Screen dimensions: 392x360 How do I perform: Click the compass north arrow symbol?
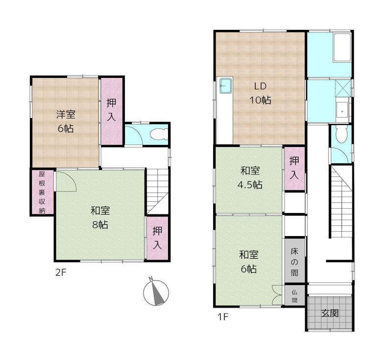coord(156,292)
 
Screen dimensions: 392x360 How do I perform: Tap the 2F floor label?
coord(60,272)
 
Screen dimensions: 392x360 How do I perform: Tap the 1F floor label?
coord(223,317)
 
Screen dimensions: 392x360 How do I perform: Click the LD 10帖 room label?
coord(260,93)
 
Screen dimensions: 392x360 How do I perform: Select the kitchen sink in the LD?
coord(226,85)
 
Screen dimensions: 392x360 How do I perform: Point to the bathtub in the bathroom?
coord(342,48)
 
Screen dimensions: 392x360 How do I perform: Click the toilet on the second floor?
coord(158,134)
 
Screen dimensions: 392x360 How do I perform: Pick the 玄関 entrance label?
coord(330,313)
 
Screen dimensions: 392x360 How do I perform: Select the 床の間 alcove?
coord(295,262)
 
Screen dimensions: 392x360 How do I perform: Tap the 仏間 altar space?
coord(295,295)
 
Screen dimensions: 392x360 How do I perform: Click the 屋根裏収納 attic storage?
coord(42,192)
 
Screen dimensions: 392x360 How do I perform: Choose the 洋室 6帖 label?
coord(66,121)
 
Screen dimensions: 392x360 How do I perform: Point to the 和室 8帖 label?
coord(100,217)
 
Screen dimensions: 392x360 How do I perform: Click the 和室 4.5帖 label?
coord(250,178)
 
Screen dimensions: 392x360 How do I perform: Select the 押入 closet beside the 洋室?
coord(112,111)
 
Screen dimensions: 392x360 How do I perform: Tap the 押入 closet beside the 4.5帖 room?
coord(295,168)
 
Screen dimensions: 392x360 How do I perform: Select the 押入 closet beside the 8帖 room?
coord(157,238)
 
